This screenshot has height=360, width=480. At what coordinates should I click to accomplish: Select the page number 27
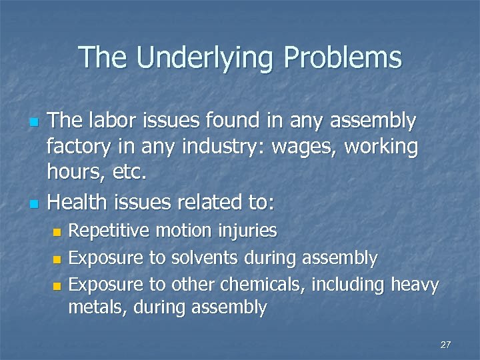point(446,345)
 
